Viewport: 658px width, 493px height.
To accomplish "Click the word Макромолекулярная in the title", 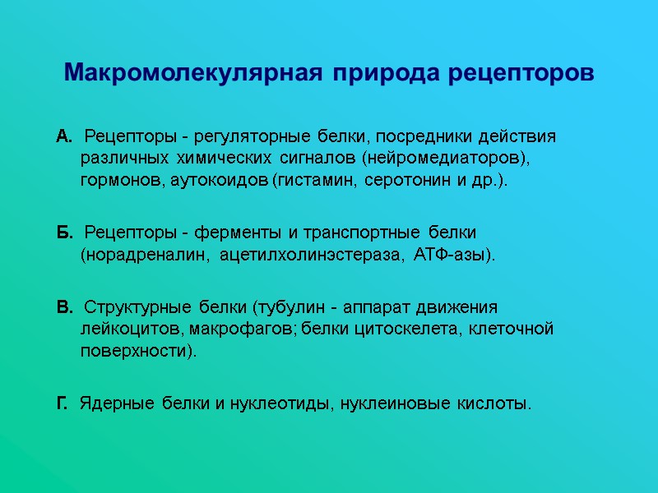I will (x=196, y=72).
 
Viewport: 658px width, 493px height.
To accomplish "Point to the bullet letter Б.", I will (x=64, y=233).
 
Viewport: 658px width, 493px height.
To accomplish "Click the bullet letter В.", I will (x=64, y=308).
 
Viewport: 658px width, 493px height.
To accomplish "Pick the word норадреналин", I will (x=144, y=256).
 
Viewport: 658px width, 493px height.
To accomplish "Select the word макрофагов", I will (x=243, y=329).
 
